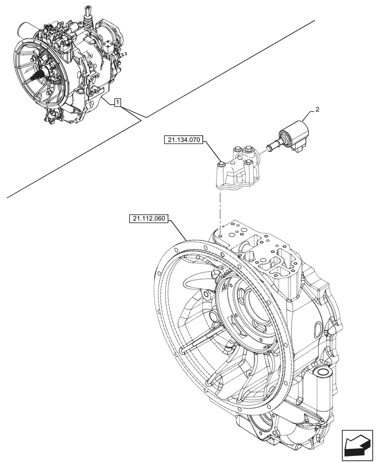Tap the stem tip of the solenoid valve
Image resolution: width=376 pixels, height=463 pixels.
(267, 148)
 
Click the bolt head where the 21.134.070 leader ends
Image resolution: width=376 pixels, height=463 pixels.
(221, 163)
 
